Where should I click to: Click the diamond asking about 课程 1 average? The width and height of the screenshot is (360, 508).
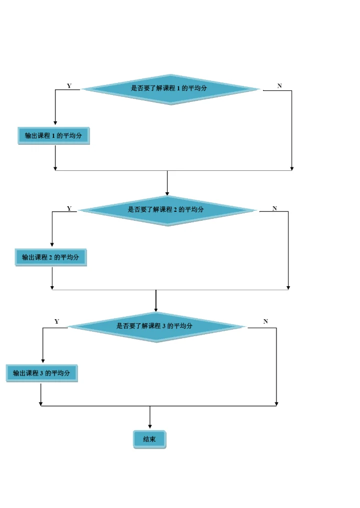tap(170, 89)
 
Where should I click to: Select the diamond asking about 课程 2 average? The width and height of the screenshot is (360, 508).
tap(167, 211)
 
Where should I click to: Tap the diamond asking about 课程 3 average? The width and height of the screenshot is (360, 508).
tap(156, 327)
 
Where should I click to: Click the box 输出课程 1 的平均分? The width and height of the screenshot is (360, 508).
tap(53, 136)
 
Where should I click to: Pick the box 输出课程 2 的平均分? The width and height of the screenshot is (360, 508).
tap(51, 258)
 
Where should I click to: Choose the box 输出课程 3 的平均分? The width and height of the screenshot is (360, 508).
tap(42, 373)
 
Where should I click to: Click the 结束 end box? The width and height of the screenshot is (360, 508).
tap(149, 439)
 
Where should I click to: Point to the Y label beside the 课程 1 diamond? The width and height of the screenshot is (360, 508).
tap(69, 86)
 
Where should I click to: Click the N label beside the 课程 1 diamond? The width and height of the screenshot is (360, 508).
tap(279, 86)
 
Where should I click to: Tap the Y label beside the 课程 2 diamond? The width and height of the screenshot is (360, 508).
tap(69, 208)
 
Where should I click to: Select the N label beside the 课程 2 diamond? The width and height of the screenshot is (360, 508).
tap(274, 208)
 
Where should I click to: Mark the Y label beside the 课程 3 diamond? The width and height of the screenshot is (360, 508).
tap(57, 321)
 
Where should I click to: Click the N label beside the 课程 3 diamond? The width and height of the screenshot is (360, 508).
tap(265, 321)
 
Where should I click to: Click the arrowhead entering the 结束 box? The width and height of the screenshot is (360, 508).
tap(150, 427)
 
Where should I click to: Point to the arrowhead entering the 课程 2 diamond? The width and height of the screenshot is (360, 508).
tap(167, 194)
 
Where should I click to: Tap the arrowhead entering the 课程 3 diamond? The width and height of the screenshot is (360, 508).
tap(156, 310)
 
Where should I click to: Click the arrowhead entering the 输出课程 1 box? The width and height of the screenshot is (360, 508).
tap(55, 123)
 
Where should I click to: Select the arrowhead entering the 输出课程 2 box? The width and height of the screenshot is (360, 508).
tap(52, 245)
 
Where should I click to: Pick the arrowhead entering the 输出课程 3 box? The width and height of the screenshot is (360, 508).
tap(43, 361)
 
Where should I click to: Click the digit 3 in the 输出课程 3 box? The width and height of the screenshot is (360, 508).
tap(41, 374)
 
